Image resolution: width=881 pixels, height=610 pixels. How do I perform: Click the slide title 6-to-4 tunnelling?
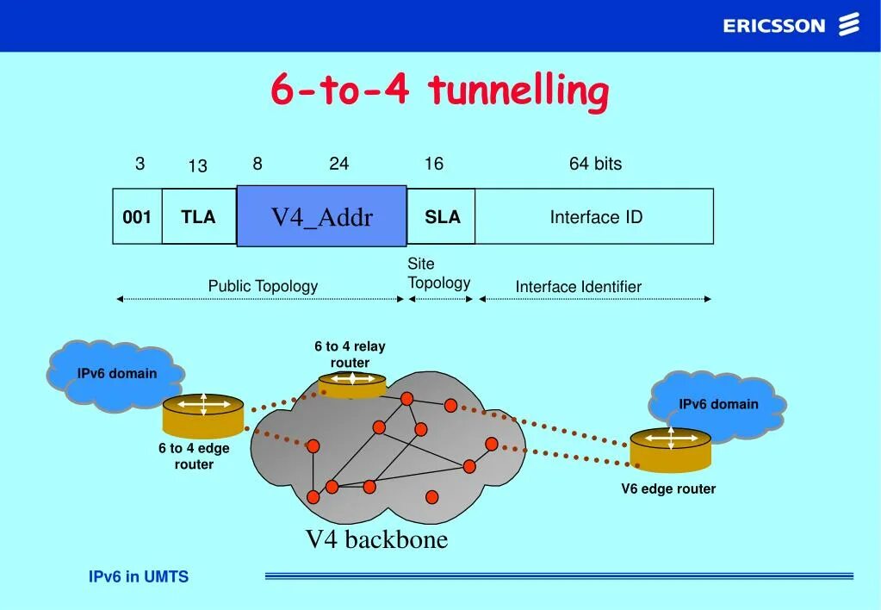(x=439, y=90)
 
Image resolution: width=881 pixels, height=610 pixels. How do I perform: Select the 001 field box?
(x=137, y=217)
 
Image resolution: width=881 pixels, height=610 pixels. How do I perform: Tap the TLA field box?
(x=198, y=217)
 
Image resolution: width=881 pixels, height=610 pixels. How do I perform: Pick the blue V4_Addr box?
(x=321, y=216)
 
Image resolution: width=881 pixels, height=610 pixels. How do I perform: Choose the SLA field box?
(x=442, y=217)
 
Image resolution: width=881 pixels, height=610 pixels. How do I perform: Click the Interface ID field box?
(x=595, y=217)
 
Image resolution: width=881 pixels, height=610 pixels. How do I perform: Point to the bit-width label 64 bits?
(x=595, y=164)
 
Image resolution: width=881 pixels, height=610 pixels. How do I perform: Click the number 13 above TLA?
(x=198, y=166)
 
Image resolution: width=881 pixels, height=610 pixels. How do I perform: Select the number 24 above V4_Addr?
(x=338, y=164)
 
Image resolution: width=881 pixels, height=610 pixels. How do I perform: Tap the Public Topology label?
(x=263, y=286)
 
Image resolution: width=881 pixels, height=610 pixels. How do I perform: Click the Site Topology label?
(x=438, y=273)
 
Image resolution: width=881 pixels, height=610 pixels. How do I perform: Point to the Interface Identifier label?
(x=578, y=287)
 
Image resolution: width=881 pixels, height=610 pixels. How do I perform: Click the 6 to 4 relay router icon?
(x=352, y=384)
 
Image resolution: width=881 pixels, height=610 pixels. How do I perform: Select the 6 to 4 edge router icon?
(x=203, y=415)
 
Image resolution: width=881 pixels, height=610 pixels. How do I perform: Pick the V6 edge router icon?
(x=671, y=449)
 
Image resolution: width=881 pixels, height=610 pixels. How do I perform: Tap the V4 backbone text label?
(x=377, y=539)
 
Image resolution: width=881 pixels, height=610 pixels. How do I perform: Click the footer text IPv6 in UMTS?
(x=139, y=577)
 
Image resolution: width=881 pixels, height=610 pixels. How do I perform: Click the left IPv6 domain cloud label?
(x=117, y=374)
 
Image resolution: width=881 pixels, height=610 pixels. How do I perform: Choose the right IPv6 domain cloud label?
(x=718, y=404)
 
